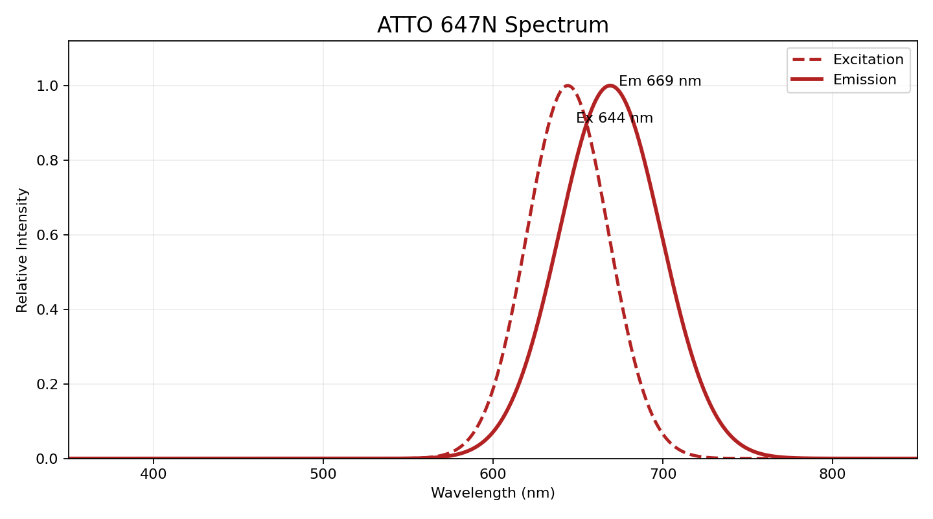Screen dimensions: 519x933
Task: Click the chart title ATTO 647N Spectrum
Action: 492,25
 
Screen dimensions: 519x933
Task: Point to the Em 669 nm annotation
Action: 660,82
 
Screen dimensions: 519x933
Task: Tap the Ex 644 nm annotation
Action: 614,118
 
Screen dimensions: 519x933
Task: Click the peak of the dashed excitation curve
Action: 568,86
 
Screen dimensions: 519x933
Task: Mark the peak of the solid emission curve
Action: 610,86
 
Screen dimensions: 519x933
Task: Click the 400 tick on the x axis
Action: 154,474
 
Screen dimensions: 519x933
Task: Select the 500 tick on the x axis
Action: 323,474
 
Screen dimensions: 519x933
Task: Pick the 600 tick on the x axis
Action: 493,474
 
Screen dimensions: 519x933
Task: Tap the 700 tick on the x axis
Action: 663,474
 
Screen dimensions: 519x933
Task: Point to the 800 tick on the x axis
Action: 833,474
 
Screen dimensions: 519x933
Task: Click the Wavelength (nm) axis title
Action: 492,493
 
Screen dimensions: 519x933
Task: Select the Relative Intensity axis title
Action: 23,250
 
